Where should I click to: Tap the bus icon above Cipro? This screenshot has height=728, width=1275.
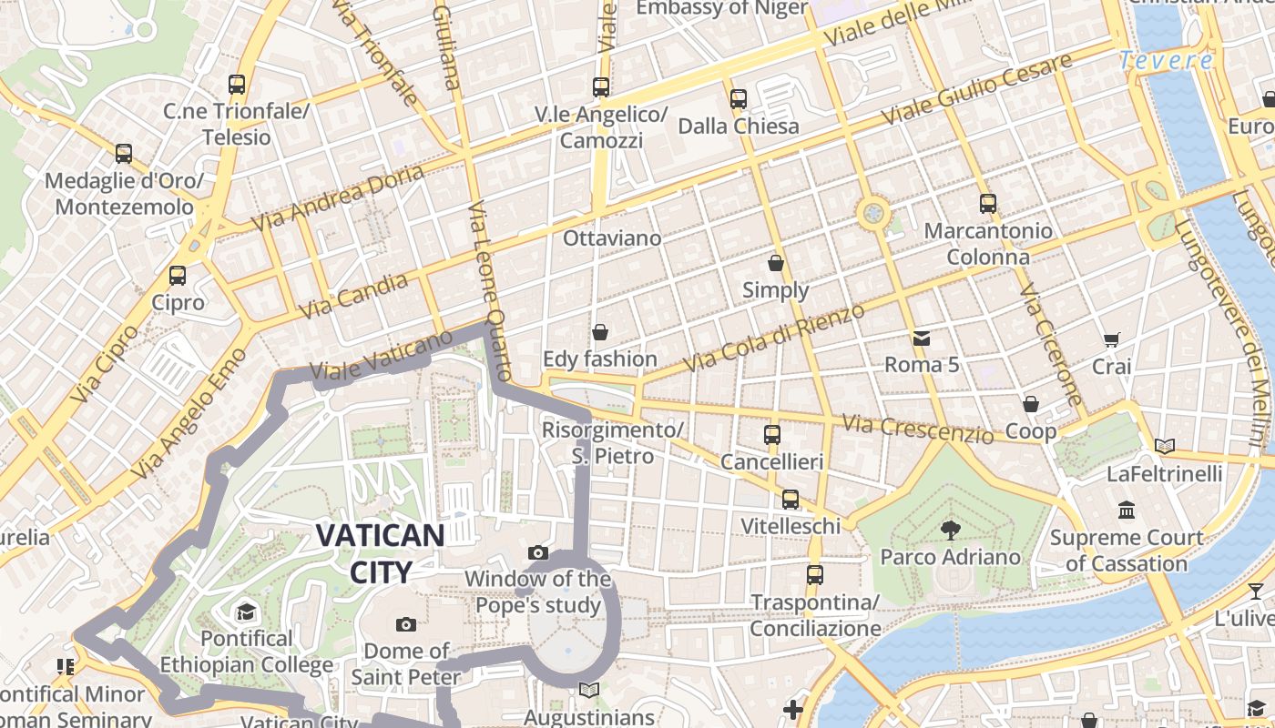tap(178, 275)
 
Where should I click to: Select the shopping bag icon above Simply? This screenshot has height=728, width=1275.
tap(776, 263)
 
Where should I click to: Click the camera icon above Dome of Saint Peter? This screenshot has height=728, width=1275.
tap(406, 624)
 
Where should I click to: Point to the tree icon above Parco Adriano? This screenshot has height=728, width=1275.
tap(950, 529)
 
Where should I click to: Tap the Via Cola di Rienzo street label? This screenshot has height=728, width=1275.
tap(773, 338)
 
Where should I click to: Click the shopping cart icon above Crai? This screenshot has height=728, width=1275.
tap(1111, 340)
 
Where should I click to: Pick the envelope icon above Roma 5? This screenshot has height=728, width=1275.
tap(922, 339)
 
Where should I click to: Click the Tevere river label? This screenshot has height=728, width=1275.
tap(1166, 61)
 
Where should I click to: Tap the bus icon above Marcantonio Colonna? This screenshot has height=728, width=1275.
tap(988, 204)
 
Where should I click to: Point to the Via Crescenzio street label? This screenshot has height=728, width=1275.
tap(917, 429)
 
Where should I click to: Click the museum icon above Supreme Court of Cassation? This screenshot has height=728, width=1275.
tap(1127, 510)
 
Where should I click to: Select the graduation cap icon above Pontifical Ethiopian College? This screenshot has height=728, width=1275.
tap(246, 612)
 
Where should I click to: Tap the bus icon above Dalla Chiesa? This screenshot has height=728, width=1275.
tap(739, 98)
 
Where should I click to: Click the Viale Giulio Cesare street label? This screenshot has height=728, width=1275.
tap(976, 90)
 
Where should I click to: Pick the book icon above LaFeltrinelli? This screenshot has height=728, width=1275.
tap(1164, 446)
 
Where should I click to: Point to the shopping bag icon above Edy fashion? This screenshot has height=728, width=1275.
tap(599, 332)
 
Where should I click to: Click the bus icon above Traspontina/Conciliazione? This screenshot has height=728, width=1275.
tap(815, 575)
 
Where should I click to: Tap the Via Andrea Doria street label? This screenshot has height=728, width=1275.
tap(337, 197)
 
